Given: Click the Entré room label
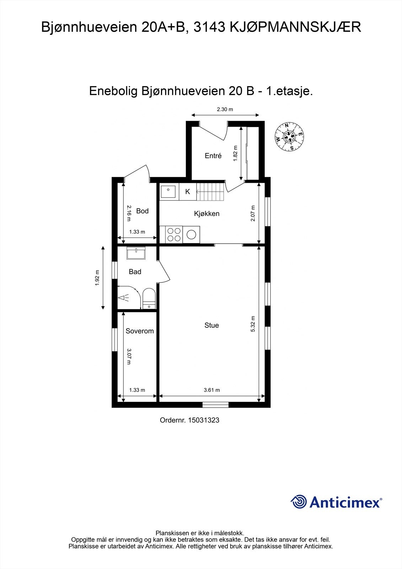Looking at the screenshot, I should coord(213,156).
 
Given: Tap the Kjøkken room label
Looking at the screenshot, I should coord(207,214).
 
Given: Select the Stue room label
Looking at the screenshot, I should coord(211,325).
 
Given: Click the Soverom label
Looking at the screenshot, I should coord(140,331).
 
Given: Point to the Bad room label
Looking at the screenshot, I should coord(135,272).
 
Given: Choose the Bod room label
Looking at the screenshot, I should coord(142,211).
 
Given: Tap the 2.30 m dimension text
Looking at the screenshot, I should coord(225,110).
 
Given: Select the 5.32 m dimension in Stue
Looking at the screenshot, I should coord(253,324).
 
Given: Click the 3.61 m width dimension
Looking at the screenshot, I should coord(212,390).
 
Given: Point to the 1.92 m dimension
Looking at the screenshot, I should coord(97,278).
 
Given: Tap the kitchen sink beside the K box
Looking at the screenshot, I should coord(169,192).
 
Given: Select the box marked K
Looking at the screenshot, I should coord(188,192).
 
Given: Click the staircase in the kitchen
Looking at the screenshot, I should coord(211,192).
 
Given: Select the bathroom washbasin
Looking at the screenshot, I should coord(136,253).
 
